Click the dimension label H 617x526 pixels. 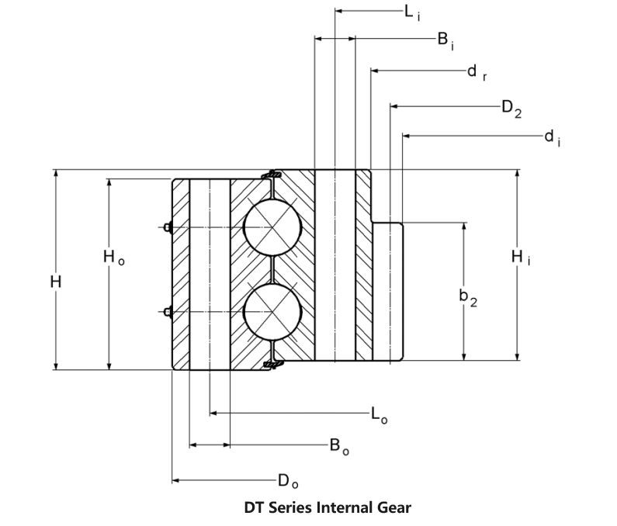tap(56, 282)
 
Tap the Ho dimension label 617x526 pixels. tap(114, 258)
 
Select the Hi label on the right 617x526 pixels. tap(521, 258)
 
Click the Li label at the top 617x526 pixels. tap(412, 12)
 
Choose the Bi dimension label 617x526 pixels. tap(445, 40)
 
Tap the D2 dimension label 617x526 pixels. tap(511, 109)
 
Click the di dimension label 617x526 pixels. tap(553, 138)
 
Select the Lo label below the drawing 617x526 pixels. tap(380, 415)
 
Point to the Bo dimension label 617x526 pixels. tap(339, 447)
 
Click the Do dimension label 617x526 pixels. tap(288, 482)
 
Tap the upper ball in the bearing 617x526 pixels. tap(272, 227)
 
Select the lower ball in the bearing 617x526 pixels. tap(272, 312)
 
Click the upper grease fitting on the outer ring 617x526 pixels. tap(168, 227)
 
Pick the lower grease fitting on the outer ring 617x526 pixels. tap(168, 312)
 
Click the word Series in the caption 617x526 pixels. tap(291, 507)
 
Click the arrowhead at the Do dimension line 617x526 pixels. tap(175, 480)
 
